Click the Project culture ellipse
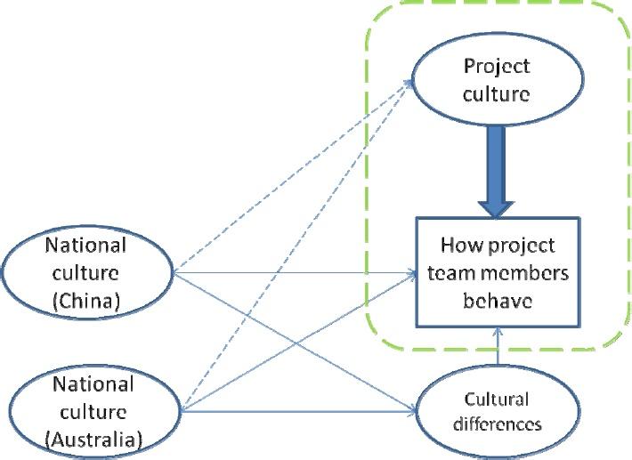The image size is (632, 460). pyautogui.click(x=497, y=80)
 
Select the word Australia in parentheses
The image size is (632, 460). pyautogui.click(x=93, y=438)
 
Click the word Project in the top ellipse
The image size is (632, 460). pyautogui.click(x=497, y=67)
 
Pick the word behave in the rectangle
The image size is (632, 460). pyautogui.click(x=497, y=301)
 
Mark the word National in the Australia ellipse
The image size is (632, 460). pyautogui.click(x=93, y=384)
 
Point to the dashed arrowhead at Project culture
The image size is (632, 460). pyautogui.click(x=410, y=81)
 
